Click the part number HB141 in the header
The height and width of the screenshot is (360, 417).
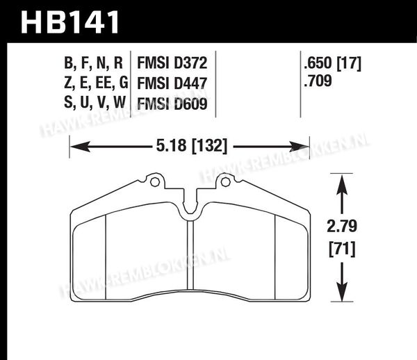[70, 22]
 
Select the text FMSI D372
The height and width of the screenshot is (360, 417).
[172, 63]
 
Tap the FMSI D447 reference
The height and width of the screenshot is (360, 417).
[172, 83]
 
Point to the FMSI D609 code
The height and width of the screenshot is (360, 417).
[172, 104]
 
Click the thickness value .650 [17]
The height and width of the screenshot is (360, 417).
[332, 64]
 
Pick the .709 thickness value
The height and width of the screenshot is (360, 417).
[318, 81]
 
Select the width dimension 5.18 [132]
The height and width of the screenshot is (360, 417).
[192, 146]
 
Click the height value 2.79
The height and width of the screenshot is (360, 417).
[342, 227]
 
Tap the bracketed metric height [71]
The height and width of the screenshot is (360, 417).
[342, 249]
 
